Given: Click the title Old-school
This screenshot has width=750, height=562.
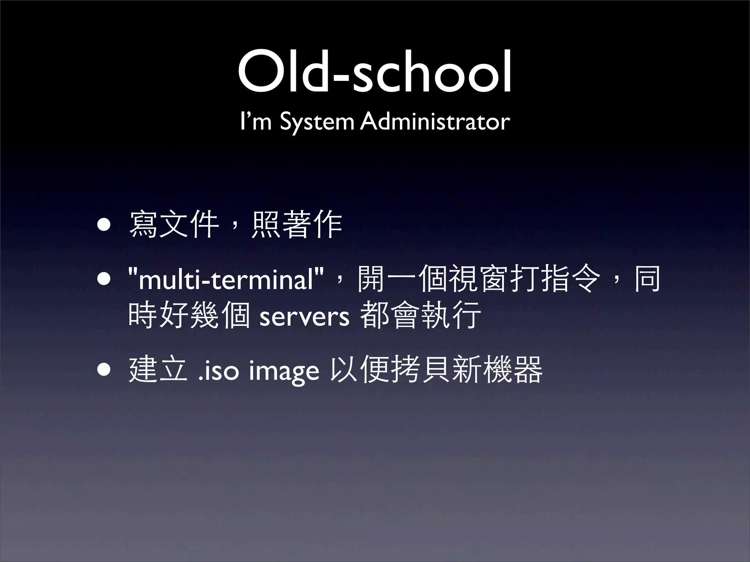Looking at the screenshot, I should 375,73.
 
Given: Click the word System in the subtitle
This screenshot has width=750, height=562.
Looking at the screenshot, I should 316,122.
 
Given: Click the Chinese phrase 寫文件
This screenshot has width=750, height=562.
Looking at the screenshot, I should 174,224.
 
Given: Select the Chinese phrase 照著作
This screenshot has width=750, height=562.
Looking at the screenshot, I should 297,224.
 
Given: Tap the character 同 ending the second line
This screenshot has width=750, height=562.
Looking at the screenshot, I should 647,279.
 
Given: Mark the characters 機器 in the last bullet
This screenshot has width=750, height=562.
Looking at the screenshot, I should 513,370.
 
